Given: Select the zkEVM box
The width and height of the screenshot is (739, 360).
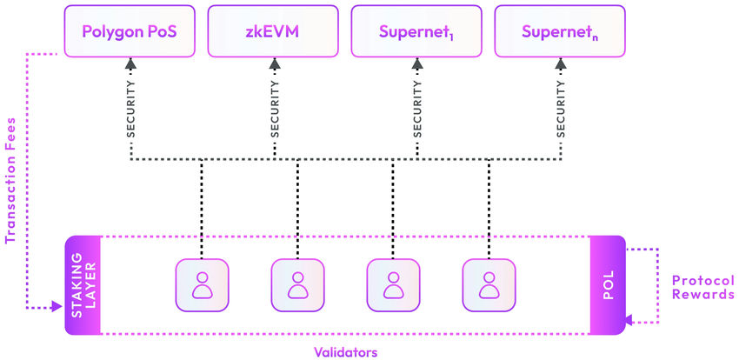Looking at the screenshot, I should tap(273, 32).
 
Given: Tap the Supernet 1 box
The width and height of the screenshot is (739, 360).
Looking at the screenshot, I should tap(416, 32).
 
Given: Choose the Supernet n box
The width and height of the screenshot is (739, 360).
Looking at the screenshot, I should tap(558, 32).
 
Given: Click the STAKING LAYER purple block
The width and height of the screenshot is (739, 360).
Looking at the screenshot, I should tap(83, 285).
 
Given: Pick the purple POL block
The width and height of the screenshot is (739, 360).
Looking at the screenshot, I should tap(608, 285).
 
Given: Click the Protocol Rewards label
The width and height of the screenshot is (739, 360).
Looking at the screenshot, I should tap(703, 288).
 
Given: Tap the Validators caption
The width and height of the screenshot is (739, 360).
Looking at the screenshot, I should tap(344, 351).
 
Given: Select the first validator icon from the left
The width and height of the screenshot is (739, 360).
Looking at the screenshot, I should tap(202, 285).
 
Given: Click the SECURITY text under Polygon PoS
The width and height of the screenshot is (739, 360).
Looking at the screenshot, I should tap(131, 110).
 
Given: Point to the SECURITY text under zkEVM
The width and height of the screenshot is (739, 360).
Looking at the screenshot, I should tap(274, 110).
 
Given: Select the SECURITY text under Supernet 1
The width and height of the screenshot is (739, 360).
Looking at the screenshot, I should tap(416, 110).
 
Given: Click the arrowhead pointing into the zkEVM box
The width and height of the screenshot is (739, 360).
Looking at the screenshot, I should tap(274, 63).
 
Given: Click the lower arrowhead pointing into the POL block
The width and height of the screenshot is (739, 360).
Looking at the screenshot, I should tap(631, 322).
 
